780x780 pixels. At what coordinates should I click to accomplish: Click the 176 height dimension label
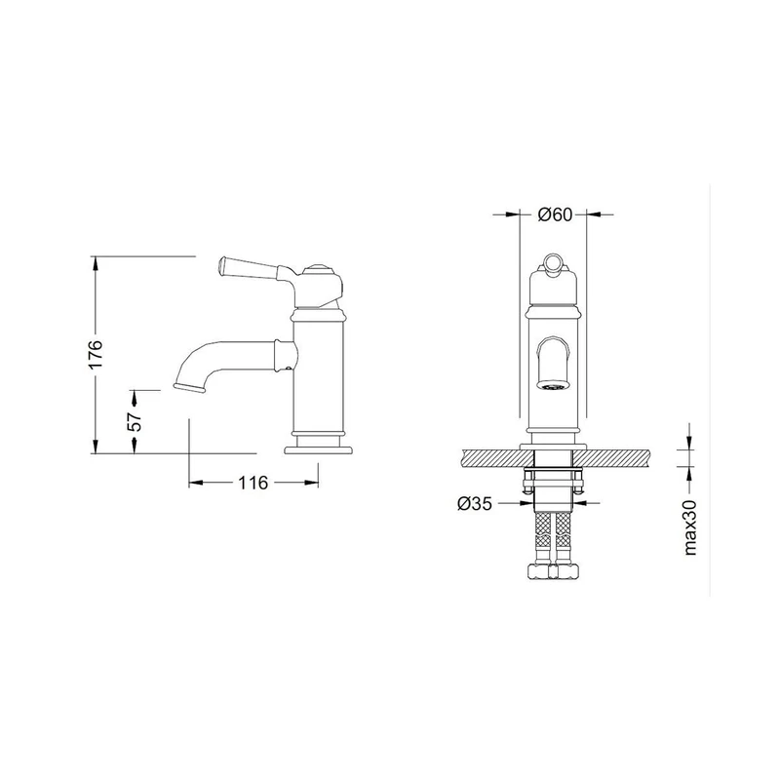point(96,354)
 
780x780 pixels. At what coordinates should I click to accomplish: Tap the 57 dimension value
point(136,422)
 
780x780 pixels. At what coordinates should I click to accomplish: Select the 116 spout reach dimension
point(253,483)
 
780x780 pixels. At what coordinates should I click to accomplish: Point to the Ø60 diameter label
point(555,214)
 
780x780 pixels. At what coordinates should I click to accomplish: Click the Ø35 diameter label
point(475,504)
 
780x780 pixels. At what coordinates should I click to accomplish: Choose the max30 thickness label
point(690,527)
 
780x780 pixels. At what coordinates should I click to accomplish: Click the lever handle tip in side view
point(222,265)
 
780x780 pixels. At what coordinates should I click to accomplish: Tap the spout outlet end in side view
point(189,387)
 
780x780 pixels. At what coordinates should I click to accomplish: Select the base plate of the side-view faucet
point(319,450)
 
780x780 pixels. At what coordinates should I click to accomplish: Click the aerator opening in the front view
point(553,386)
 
